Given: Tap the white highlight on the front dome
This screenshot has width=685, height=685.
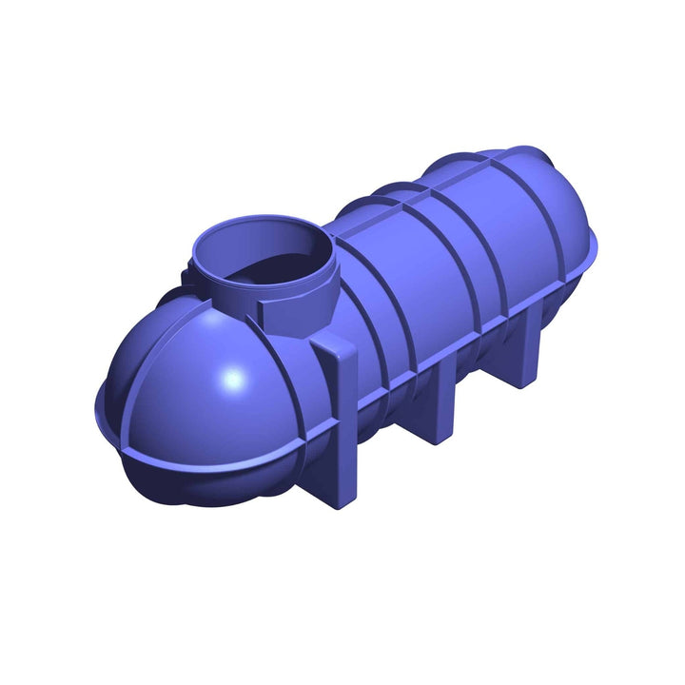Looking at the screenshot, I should pos(231,380).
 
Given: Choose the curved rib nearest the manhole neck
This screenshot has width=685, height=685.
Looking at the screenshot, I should pos(366,314).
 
